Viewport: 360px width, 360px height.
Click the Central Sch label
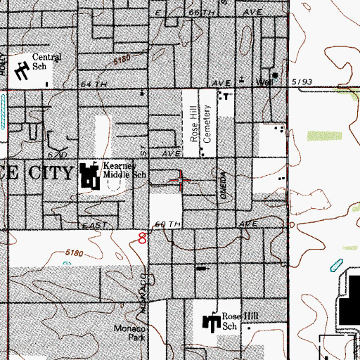[x=48, y=62]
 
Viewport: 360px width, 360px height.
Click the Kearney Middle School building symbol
[x=90, y=176]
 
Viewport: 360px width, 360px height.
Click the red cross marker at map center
[x=181, y=180]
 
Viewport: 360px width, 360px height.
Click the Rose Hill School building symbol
[x=211, y=323]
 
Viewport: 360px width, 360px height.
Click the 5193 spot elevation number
[x=304, y=82]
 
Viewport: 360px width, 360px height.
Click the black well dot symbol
[x=276, y=76]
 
